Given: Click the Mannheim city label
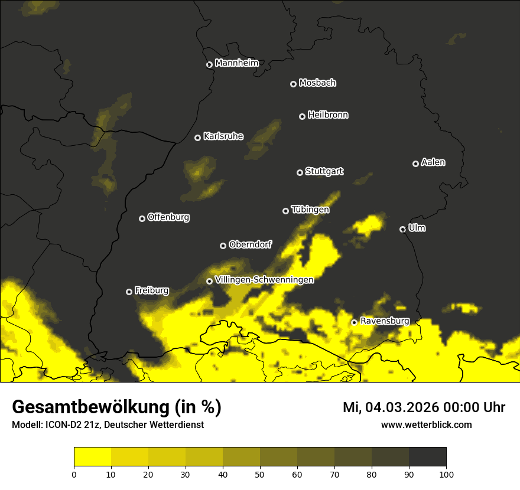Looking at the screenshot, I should tap(236, 63).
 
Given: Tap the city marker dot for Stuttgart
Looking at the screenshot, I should tap(300, 172).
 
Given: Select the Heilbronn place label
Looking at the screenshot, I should tap(328, 115).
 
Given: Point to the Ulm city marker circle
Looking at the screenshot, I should tap(402, 229).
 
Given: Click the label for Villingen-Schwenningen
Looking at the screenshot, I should tap(264, 280).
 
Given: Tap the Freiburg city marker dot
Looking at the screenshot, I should tap(129, 292).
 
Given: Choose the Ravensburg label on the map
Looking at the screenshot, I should tap(385, 321).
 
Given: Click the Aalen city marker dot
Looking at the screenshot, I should tap(415, 164).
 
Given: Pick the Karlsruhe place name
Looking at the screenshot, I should tap(223, 136).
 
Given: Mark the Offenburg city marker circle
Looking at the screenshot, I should tap(142, 218).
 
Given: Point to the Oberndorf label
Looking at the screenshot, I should tap(250, 244).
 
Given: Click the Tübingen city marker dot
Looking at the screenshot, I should tap(285, 211).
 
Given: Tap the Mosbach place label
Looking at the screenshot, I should tap(317, 83).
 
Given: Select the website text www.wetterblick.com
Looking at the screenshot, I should tap(426, 424).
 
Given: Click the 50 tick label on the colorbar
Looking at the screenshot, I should tap(260, 473).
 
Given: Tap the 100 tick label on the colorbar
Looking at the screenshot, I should tap(446, 473).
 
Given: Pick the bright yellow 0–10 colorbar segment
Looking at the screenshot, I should tap(93, 457).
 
